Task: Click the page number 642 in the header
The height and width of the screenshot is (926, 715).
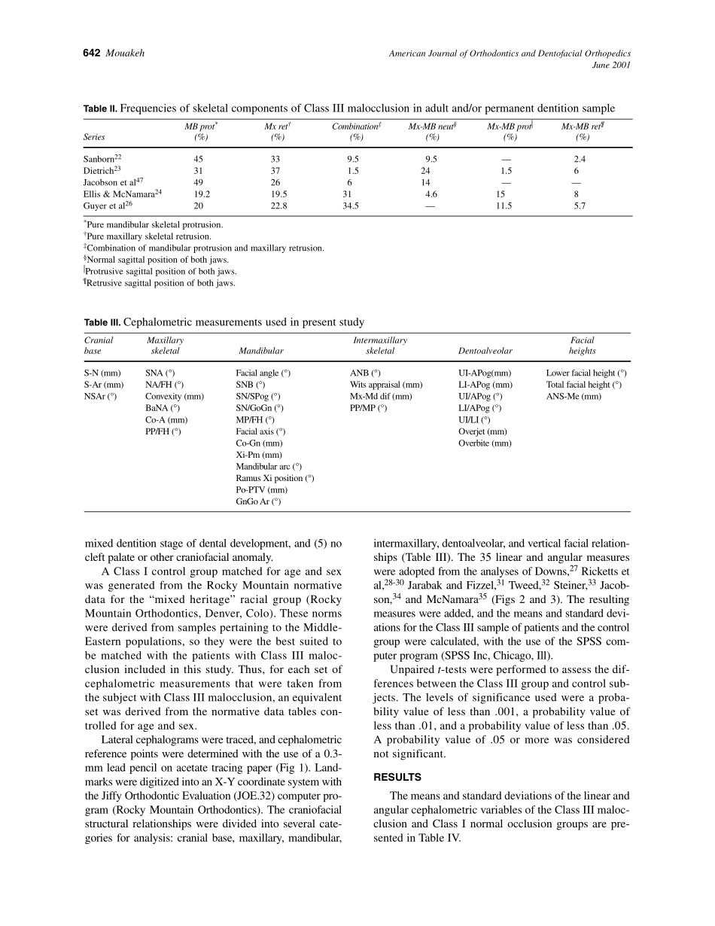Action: (x=92, y=53)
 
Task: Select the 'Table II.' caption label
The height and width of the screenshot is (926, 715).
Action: (x=100, y=108)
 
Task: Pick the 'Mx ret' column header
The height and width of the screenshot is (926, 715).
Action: (x=278, y=126)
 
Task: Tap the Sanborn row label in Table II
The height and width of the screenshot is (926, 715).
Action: (x=99, y=159)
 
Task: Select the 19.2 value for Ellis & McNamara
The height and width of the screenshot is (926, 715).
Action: (x=200, y=194)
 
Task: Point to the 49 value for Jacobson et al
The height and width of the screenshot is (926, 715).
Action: (x=198, y=182)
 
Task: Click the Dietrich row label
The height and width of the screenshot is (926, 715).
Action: (x=99, y=171)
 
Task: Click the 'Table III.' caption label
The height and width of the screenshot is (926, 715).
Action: (x=102, y=322)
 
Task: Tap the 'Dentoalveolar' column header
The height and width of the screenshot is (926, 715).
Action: (x=485, y=351)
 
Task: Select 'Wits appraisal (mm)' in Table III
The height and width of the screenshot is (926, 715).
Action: (x=386, y=385)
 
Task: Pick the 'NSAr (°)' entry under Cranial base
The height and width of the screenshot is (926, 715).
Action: (x=101, y=396)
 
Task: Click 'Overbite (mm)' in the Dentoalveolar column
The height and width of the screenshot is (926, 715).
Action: (x=485, y=443)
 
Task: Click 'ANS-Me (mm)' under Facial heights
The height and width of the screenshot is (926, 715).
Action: (x=574, y=396)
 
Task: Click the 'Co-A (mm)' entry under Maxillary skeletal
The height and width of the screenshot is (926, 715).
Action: (x=166, y=420)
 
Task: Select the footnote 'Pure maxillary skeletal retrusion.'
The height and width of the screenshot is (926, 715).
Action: (x=149, y=236)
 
